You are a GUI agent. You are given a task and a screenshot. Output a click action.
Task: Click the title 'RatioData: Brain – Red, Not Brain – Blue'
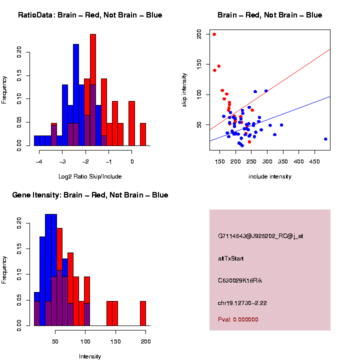(x=90, y=15)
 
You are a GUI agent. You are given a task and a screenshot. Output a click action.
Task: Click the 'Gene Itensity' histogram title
(x=90, y=195)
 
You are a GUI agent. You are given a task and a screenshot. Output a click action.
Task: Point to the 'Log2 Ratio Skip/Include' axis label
(x=90, y=176)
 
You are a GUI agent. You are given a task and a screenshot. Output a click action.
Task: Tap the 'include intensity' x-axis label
(x=270, y=176)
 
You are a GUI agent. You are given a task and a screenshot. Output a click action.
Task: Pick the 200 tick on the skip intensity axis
(x=199, y=34)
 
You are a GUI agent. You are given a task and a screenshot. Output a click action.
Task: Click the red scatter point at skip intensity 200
(x=214, y=34)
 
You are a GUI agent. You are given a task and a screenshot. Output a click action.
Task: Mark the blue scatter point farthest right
(x=325, y=139)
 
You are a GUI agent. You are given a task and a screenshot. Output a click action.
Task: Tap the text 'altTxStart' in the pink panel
(x=231, y=258)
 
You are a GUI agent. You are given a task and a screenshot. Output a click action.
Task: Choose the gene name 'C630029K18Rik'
(x=240, y=280)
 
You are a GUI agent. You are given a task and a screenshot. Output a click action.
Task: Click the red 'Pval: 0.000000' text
(x=238, y=319)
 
